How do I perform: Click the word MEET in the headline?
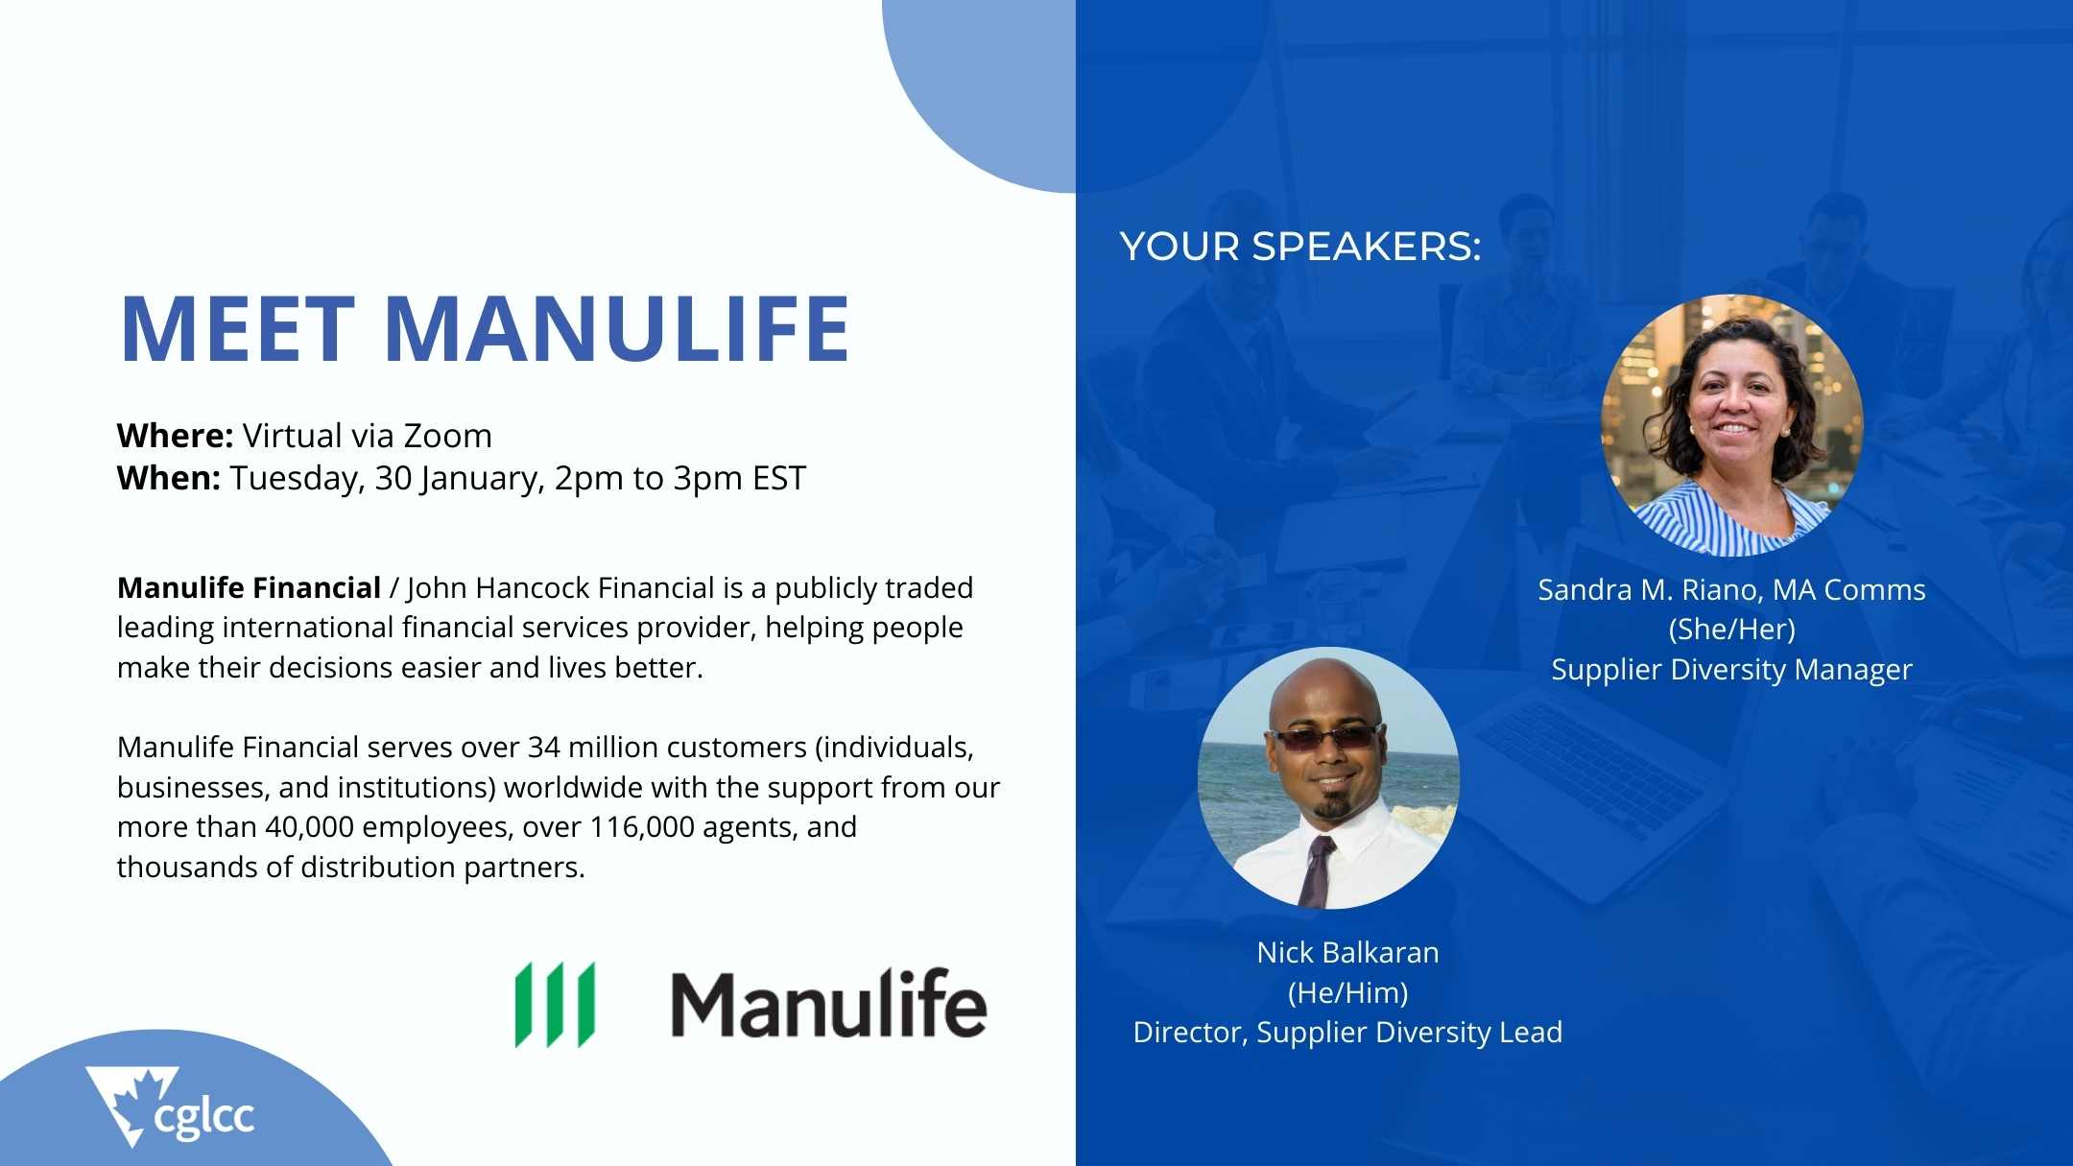[x=237, y=328]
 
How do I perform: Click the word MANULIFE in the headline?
[x=617, y=328]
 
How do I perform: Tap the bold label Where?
[x=175, y=436]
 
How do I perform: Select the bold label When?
[x=169, y=478]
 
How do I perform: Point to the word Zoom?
[x=447, y=436]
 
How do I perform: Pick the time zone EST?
[x=779, y=478]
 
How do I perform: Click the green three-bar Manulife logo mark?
[x=555, y=1004]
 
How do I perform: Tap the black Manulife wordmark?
[x=828, y=1003]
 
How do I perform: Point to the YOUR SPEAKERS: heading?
[x=1300, y=247]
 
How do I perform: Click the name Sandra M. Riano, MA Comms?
[x=1731, y=589]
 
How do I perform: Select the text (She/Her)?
[x=1731, y=630]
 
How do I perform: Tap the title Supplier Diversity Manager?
[x=1731, y=669]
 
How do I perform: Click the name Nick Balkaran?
[x=1347, y=952]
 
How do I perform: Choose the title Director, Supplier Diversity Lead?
[x=1347, y=1032]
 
